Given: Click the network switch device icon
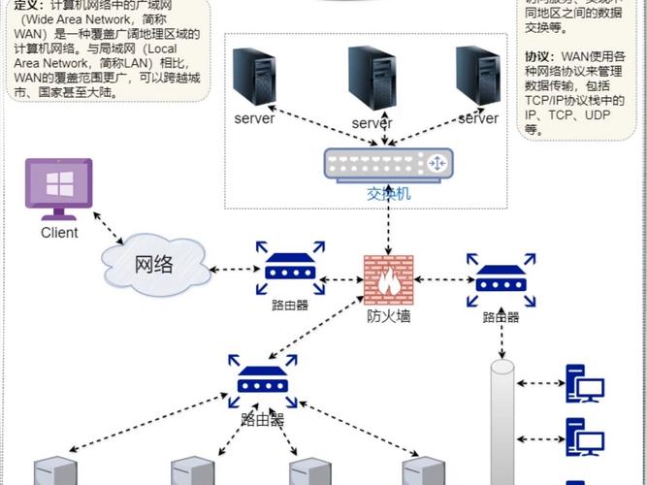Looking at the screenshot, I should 389,164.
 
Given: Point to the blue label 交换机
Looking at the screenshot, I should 389,194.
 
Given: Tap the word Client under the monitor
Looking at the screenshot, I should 59,233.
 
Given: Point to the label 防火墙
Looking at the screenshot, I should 388,316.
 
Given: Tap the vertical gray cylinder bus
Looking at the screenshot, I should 501,422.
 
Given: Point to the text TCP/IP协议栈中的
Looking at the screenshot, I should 575,100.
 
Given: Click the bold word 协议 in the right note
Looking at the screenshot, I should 538,55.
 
